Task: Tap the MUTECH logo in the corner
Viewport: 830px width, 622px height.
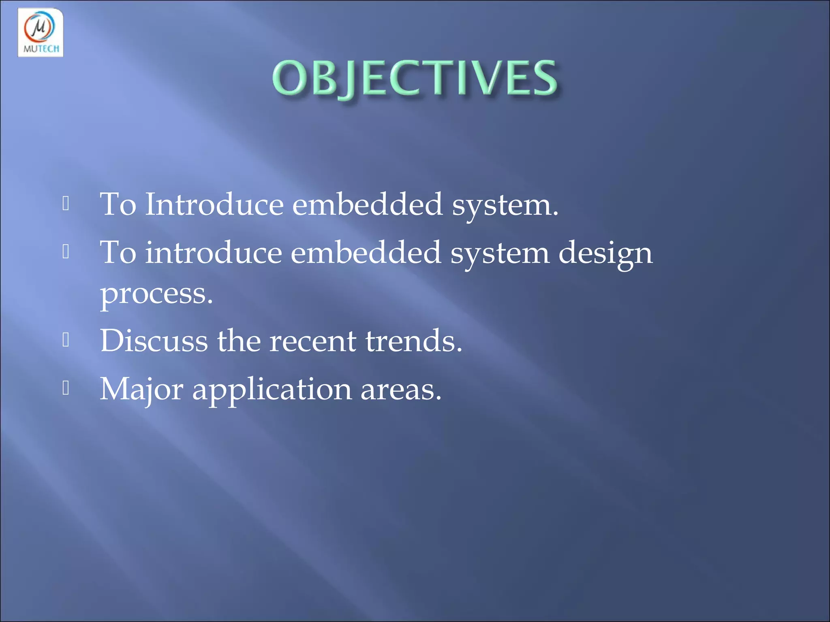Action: click(41, 32)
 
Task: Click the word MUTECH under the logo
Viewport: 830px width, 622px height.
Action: click(41, 49)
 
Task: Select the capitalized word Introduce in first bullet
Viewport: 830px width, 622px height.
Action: click(214, 204)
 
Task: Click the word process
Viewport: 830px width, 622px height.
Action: click(156, 294)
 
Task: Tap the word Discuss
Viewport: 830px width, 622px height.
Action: click(154, 341)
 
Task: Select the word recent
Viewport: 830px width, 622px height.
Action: click(312, 341)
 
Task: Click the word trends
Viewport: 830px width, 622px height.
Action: click(413, 341)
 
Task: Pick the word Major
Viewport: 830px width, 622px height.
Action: click(141, 389)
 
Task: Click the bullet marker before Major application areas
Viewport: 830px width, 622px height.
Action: click(66, 388)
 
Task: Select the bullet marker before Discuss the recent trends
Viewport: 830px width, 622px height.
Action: click(66, 340)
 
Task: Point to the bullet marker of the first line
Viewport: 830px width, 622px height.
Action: click(66, 204)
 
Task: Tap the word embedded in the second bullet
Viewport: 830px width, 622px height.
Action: click(366, 253)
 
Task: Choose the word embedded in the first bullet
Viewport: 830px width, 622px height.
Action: click(367, 204)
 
